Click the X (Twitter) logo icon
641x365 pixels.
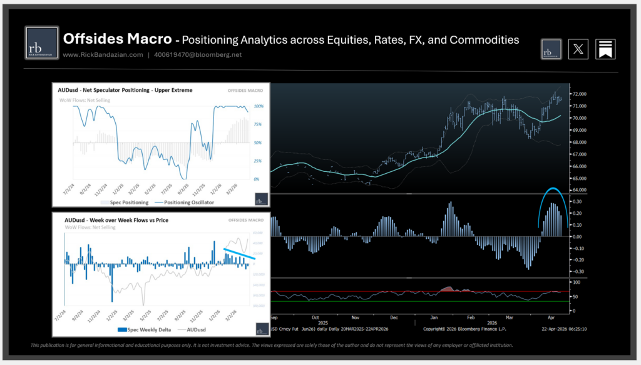[578, 49]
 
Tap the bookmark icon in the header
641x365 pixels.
[605, 49]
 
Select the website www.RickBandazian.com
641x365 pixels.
[103, 55]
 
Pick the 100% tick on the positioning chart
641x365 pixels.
[258, 107]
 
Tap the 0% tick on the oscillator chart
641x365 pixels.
[257, 179]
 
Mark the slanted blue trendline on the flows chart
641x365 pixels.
[239, 254]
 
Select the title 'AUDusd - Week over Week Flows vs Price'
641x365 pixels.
[117, 220]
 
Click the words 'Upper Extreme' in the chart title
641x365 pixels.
[173, 90]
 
